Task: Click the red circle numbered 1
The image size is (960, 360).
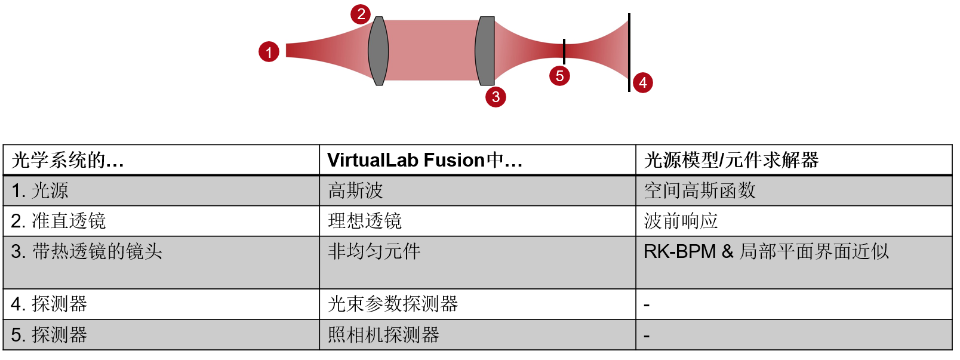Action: pyautogui.click(x=269, y=52)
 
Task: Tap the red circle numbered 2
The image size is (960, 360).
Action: pyautogui.click(x=361, y=14)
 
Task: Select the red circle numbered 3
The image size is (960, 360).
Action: pyautogui.click(x=496, y=97)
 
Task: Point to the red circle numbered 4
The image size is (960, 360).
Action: pyautogui.click(x=642, y=83)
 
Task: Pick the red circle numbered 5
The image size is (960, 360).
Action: pyautogui.click(x=559, y=76)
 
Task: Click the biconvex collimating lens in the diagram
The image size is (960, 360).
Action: pyautogui.click(x=379, y=51)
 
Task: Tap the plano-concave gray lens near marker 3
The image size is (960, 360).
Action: pyautogui.click(x=485, y=51)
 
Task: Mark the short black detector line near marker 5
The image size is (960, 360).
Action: pyautogui.click(x=564, y=51)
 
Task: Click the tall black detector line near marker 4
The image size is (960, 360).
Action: pyautogui.click(x=629, y=53)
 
